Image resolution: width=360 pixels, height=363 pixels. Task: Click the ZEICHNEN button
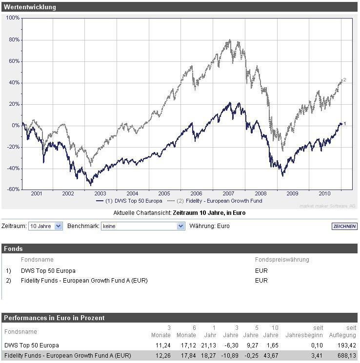344,226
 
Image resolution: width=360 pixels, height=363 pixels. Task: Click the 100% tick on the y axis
13,18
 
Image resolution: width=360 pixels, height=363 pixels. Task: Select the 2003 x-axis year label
100,193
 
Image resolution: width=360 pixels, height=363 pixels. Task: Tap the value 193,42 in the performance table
347,345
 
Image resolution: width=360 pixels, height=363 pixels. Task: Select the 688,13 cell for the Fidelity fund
347,356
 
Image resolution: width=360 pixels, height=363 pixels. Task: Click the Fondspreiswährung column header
281,260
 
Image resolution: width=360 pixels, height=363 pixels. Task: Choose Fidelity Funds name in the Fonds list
84,280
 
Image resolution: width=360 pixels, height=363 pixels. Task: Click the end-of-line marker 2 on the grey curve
344,80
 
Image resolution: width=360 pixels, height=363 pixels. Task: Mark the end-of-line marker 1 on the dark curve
344,124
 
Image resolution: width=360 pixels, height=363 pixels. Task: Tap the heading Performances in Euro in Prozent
54,318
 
